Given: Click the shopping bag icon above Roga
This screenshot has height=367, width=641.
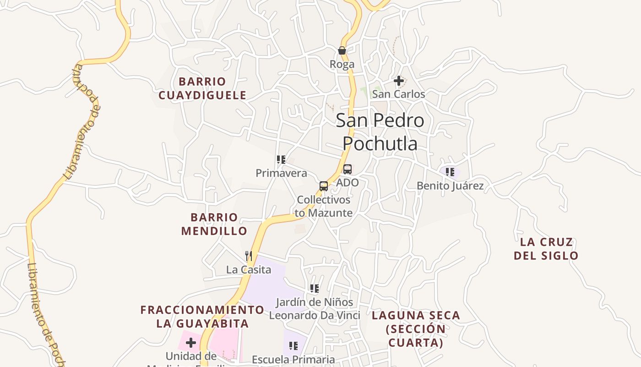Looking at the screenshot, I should (342, 50).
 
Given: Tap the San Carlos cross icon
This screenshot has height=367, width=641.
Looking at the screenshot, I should (399, 81).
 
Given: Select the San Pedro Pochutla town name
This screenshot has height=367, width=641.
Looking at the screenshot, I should (380, 132).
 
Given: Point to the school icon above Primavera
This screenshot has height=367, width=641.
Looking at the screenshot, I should (281, 160).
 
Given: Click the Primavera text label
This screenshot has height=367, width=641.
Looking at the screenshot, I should (281, 173).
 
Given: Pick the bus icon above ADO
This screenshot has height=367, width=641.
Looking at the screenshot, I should (348, 169).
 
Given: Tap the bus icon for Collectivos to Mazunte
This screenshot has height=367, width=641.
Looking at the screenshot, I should (324, 186).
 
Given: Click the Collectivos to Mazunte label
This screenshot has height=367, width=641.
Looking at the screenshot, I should (324, 206).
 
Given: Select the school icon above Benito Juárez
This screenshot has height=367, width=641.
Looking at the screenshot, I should (450, 172).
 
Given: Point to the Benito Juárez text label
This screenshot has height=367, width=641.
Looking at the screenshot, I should (450, 186).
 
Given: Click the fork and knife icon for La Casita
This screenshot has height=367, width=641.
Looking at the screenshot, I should (249, 256).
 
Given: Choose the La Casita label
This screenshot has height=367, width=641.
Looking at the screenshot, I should (249, 270).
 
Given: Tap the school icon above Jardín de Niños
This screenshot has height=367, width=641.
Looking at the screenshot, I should (314, 289).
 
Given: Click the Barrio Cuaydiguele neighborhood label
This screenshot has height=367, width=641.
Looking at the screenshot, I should (202, 89).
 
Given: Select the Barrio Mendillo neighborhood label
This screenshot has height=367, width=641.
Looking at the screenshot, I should (214, 224).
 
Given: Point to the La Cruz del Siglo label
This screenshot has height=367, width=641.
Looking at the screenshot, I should (546, 249).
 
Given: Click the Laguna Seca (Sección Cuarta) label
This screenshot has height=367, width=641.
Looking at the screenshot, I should (416, 329).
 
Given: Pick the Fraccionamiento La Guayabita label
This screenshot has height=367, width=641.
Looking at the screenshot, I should (202, 317).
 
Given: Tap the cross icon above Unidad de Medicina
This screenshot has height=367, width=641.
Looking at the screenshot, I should (191, 343).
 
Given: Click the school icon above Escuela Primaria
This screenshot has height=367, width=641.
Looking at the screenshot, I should (293, 346).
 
